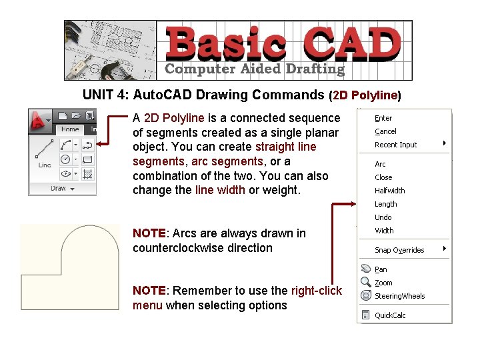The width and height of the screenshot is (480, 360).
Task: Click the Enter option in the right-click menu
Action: (383, 118)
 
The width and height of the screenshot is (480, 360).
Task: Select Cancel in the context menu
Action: (385, 131)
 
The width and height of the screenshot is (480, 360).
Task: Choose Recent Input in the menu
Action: (395, 145)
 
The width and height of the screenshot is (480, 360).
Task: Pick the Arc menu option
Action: (380, 164)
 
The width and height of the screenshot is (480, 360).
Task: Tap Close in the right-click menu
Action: (383, 177)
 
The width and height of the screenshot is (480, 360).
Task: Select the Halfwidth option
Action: (389, 191)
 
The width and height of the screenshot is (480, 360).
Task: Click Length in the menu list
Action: (385, 204)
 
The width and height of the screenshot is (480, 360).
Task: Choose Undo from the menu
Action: (383, 217)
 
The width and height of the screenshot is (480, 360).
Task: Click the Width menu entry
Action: (384, 231)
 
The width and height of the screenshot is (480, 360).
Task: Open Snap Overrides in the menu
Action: (399, 250)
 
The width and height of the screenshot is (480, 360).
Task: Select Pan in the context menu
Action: (381, 269)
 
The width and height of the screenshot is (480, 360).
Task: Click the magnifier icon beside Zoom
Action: (366, 283)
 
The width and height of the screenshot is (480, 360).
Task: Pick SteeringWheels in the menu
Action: (399, 296)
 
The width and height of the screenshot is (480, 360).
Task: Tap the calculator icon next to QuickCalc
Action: (366, 315)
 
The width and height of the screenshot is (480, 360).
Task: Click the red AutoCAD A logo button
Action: (41, 119)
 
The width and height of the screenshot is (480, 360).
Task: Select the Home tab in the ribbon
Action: (69, 129)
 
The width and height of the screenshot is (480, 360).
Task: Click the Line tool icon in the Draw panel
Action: (45, 152)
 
